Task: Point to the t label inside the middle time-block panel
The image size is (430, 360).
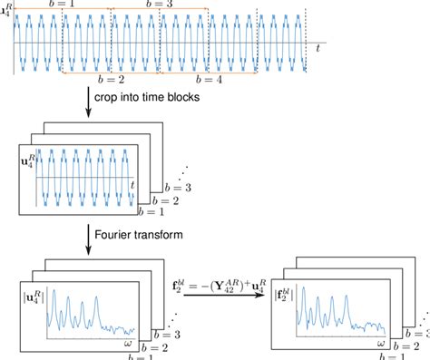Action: pyautogui.click(x=132, y=186)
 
